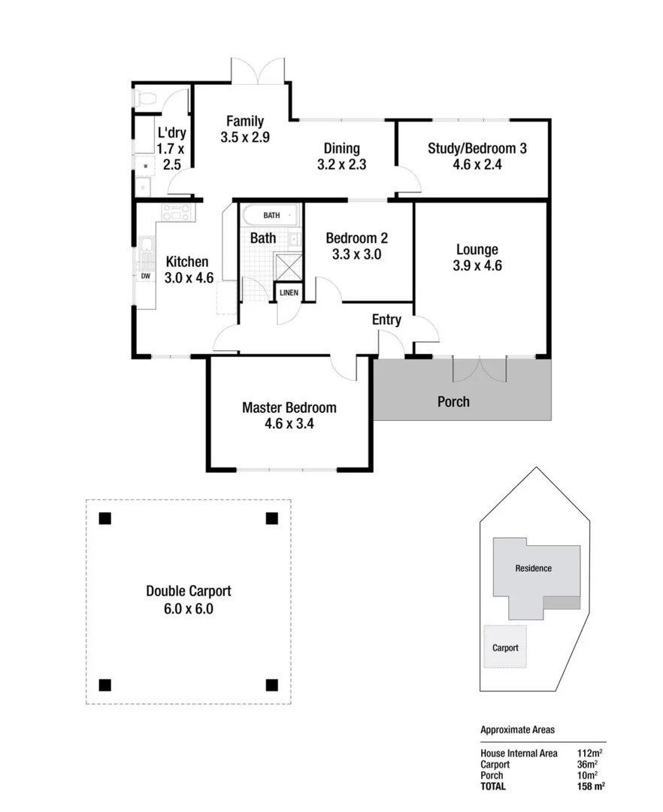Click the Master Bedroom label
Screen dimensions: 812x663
(289, 408)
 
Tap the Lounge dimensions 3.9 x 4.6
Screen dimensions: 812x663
(477, 265)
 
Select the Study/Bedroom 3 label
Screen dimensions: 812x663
(477, 148)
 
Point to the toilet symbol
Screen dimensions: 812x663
(145, 98)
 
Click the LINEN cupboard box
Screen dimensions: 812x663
(289, 292)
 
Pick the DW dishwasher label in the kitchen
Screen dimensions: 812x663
(145, 276)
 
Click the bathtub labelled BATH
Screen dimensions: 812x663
(271, 215)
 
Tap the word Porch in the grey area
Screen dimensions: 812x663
(453, 401)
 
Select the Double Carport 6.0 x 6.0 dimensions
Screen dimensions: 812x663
(188, 609)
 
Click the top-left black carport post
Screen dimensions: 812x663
(105, 518)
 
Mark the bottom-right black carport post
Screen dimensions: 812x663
(271, 684)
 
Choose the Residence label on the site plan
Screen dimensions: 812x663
(533, 568)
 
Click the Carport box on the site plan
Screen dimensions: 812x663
(505, 647)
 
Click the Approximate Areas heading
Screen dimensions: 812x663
(517, 729)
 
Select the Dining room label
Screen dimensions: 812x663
(341, 148)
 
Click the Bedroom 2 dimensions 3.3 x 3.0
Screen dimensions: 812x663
(356, 254)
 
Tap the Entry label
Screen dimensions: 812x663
(386, 320)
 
